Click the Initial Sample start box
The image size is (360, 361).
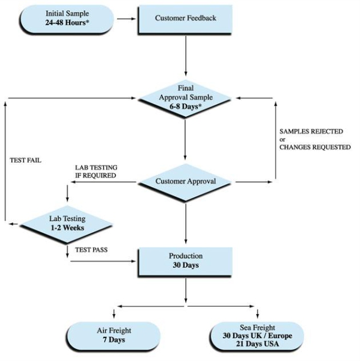[x=67, y=19]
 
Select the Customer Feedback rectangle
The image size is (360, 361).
[x=185, y=20]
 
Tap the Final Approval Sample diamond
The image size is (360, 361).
[x=185, y=99]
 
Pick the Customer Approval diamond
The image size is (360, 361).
[x=185, y=182]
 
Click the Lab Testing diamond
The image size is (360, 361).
[x=67, y=224]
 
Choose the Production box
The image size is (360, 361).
[x=185, y=262]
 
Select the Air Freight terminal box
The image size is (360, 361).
[x=114, y=336]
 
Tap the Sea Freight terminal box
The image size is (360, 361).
[x=257, y=336]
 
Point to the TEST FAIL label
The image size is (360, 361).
[x=25, y=160]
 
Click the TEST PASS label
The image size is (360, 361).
[x=91, y=250]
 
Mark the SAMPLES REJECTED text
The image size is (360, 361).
[x=311, y=131]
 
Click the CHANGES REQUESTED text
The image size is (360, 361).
[x=315, y=147]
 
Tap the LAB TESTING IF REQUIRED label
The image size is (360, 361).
[x=96, y=171]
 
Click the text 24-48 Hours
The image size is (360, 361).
[x=67, y=23]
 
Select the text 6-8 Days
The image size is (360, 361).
[x=185, y=106]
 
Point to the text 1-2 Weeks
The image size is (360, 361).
[x=67, y=227]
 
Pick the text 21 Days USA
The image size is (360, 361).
[x=257, y=344]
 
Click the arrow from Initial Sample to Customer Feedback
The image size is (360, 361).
[x=126, y=19]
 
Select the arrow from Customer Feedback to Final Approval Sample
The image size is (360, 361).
[x=186, y=56]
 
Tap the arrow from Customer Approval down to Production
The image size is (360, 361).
[x=186, y=224]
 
